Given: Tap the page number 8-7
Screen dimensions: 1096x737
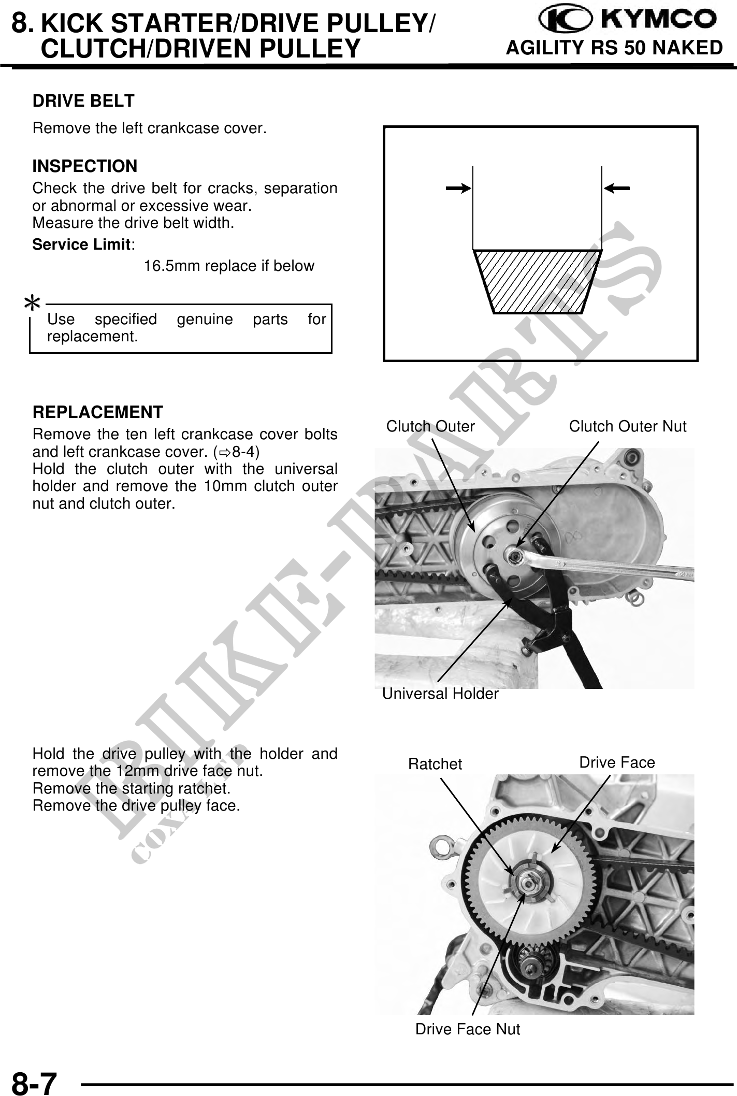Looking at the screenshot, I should click(34, 1082).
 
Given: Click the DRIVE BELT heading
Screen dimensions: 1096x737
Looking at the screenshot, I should click(83, 100).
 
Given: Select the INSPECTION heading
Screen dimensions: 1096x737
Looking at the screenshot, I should click(85, 166).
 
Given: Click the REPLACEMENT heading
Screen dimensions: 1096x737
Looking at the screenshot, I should click(97, 412).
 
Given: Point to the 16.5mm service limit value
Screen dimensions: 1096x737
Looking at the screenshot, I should click(228, 266).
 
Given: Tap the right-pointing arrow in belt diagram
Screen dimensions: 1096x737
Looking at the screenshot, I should click(458, 189).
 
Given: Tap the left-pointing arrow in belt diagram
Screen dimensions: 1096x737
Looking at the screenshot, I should click(617, 189).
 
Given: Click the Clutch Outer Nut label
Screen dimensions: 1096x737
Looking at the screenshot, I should click(627, 426).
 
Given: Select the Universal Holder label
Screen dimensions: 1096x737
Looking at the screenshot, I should click(440, 694).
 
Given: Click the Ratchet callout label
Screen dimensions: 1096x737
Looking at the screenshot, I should click(435, 764).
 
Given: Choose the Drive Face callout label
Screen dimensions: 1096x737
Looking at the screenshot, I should click(617, 762).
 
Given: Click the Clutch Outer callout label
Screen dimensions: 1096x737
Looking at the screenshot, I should click(430, 426).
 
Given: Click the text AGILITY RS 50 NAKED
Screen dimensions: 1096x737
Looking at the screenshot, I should click(614, 48).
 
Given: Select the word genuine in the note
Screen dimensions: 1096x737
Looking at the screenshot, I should click(205, 319).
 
